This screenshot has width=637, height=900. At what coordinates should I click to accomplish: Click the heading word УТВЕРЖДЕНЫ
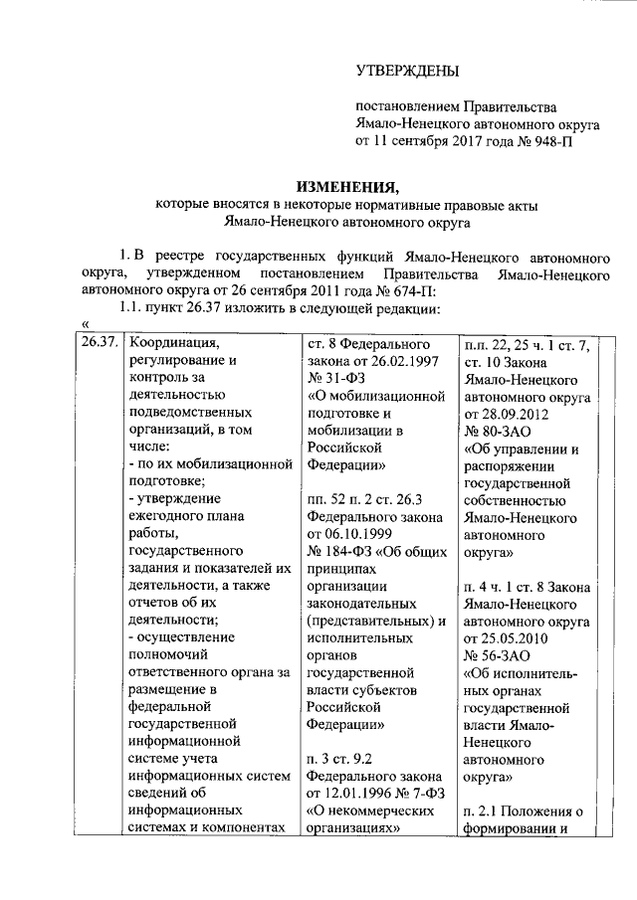[408, 70]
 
